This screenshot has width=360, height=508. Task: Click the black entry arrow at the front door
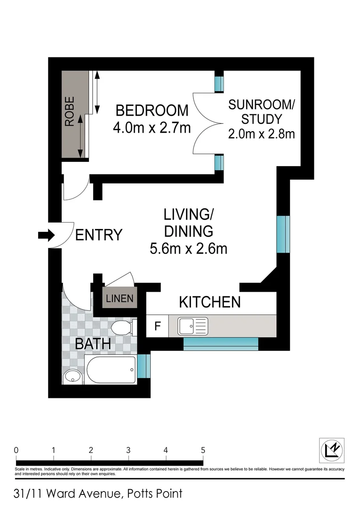tap(47, 235)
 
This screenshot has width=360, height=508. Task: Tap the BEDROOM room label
tap(152, 111)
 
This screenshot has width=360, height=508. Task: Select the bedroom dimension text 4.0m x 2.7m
tap(152, 127)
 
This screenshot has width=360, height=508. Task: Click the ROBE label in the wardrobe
tap(70, 111)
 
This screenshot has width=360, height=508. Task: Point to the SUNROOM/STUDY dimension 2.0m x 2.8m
tap(261, 134)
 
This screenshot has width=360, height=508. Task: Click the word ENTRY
tap(99, 235)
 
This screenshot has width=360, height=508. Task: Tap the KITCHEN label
tap(210, 302)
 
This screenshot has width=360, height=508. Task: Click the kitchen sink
tap(192, 326)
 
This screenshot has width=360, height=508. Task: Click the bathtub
tap(110, 370)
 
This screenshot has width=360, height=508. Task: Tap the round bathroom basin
tap(72, 376)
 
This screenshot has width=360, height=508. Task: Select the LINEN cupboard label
tap(120, 298)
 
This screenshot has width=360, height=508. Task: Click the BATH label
tap(93, 344)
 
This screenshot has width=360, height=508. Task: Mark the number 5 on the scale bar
tap(203, 450)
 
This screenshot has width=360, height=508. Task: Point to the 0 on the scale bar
tap(16, 450)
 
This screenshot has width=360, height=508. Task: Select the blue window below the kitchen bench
tap(221, 344)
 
